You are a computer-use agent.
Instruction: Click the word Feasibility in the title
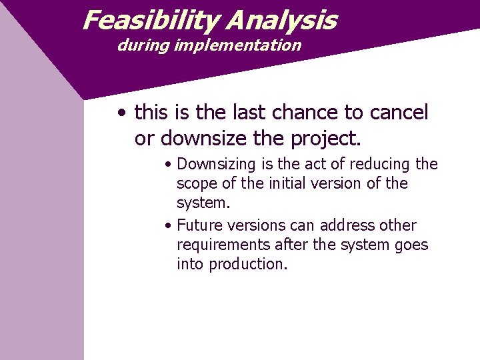click(x=151, y=21)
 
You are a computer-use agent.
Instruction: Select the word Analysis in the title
click(x=281, y=21)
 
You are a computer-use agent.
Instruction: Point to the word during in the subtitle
click(x=139, y=45)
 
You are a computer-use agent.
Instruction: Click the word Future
click(x=199, y=225)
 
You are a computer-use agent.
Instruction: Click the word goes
click(x=411, y=245)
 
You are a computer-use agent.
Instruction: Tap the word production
click(x=248, y=264)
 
